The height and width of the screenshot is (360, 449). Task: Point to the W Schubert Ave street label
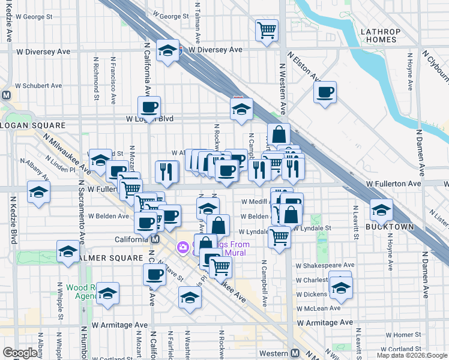39,86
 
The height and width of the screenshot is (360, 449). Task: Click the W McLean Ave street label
318,308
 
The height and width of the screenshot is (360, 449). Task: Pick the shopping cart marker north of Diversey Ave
267,29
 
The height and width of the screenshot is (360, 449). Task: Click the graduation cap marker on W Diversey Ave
168,50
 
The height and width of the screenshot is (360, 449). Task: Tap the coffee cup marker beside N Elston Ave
325,92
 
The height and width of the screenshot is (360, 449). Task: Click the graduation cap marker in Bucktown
381,210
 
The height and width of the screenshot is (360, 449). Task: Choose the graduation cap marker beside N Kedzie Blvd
38,193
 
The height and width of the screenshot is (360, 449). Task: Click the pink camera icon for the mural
182,247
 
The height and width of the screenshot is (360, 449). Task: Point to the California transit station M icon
155,239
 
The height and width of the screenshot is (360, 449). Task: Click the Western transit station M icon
294,353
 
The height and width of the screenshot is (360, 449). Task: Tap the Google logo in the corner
20,353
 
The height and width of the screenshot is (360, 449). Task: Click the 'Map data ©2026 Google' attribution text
411,355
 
